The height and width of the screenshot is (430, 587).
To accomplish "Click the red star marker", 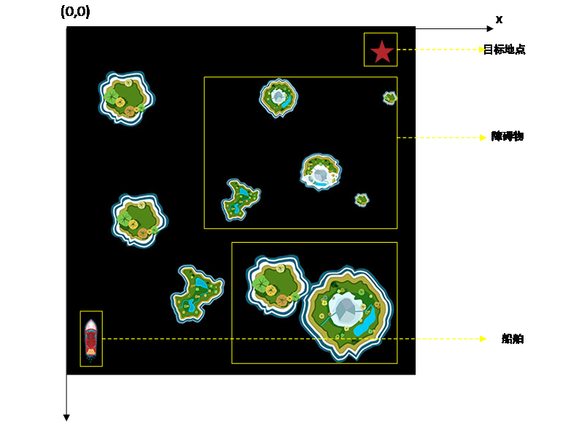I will [381, 51].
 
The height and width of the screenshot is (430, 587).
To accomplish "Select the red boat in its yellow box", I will [91, 339].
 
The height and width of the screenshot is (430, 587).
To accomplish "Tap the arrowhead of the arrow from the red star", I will [482, 50].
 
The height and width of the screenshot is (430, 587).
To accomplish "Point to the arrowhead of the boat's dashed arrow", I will [483, 338].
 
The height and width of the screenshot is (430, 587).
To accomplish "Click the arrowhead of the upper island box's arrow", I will [483, 137].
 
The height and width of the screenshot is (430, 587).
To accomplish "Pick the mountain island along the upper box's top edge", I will [279, 97].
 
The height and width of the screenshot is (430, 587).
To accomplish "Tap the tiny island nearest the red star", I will [390, 97].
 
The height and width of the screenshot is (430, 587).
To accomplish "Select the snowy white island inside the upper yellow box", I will [320, 172].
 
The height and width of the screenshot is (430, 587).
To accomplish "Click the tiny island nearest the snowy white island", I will [362, 199].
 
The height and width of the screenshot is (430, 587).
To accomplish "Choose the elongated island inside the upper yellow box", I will [240, 199].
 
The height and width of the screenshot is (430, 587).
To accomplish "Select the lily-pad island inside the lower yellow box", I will [276, 284].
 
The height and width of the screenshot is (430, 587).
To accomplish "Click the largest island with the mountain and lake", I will [346, 312].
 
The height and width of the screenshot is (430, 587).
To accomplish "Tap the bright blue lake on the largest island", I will [365, 321].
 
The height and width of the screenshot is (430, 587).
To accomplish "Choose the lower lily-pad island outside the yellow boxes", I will [139, 219].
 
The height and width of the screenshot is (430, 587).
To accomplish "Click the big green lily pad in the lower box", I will [261, 284].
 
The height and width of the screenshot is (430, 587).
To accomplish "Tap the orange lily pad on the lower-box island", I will [271, 291].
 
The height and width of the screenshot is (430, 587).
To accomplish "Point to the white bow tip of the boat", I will [91, 321].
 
